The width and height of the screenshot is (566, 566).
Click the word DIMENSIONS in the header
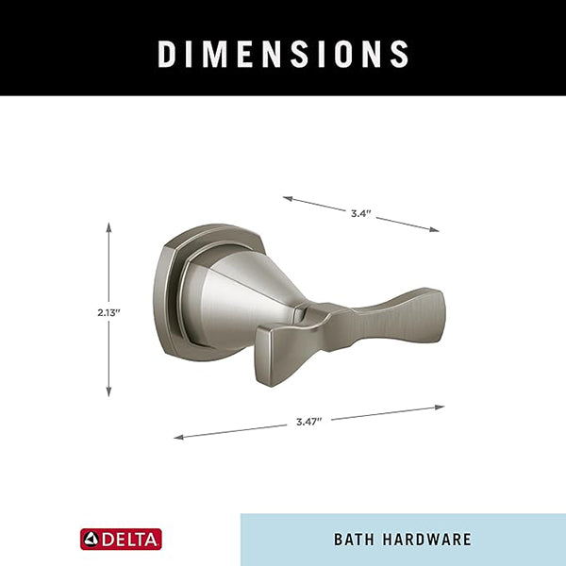283,54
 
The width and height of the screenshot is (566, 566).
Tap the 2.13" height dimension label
108,312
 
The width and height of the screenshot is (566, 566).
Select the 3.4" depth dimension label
361,214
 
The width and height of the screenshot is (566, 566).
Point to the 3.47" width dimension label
308,422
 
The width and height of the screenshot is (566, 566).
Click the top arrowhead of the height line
108,226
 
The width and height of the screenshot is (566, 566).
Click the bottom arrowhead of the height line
108,392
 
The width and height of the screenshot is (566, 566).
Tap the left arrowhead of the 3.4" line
287,198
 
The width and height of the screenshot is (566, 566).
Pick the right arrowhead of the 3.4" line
434,229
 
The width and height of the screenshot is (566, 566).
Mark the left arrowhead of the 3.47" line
178,438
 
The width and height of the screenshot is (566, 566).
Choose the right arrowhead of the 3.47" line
440,408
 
